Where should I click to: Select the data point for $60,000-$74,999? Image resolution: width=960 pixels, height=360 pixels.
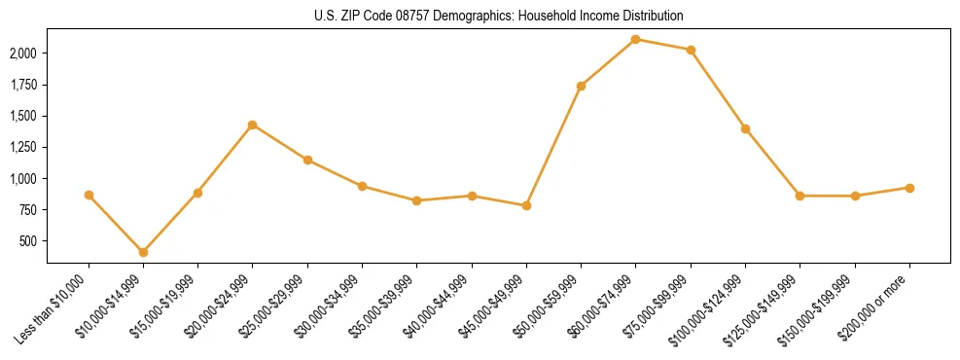click(x=636, y=39)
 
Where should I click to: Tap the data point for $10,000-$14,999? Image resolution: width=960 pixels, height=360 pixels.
click(x=144, y=252)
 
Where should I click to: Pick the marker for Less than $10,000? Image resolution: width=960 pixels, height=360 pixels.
click(x=89, y=195)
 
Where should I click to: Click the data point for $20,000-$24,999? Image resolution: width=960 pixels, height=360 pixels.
click(x=253, y=125)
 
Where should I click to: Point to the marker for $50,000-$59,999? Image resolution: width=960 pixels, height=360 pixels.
click(x=581, y=86)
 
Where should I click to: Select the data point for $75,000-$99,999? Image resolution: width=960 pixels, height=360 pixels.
click(x=691, y=50)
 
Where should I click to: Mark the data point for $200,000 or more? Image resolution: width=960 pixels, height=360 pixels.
click(x=909, y=188)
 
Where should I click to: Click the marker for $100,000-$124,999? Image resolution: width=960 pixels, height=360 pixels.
click(x=745, y=128)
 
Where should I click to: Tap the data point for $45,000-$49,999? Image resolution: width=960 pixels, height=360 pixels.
click(x=526, y=205)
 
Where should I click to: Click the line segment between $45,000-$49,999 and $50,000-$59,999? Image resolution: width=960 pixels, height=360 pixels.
click(x=553, y=146)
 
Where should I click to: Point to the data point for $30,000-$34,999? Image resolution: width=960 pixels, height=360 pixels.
click(x=362, y=186)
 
